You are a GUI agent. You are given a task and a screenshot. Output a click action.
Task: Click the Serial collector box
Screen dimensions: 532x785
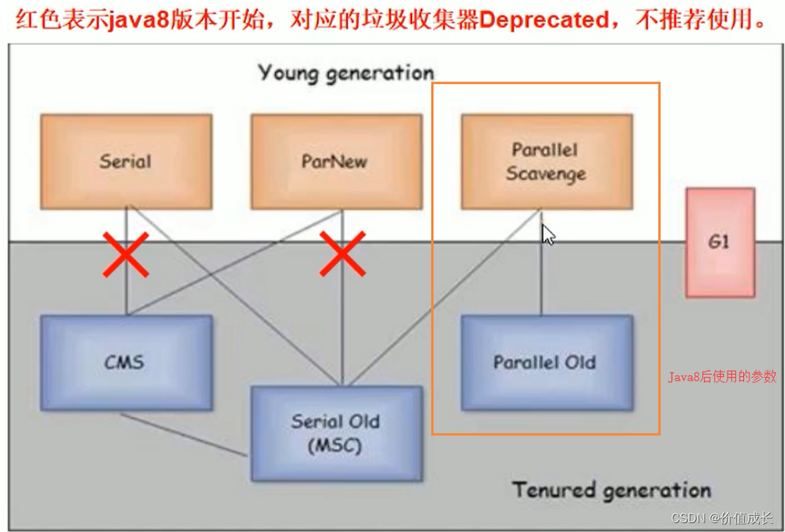pyautogui.click(x=126, y=161)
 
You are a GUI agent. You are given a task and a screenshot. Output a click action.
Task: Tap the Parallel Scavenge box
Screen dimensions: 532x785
pyautogui.click(x=546, y=161)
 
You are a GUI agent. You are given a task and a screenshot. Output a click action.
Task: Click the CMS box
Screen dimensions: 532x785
pyautogui.click(x=125, y=363)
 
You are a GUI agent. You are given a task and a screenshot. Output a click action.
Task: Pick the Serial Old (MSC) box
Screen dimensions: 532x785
pyautogui.click(x=336, y=433)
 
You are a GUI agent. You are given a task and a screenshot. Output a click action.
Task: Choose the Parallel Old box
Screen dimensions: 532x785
pyautogui.click(x=546, y=363)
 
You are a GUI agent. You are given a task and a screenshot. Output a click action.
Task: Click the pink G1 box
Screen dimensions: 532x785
pyautogui.click(x=719, y=242)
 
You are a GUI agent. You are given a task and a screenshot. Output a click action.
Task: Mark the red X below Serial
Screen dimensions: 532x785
pyautogui.click(x=125, y=254)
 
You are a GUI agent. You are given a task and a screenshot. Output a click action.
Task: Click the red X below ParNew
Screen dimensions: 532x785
pyautogui.click(x=342, y=254)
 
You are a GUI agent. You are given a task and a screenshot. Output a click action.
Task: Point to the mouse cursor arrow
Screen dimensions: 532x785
pyautogui.click(x=547, y=234)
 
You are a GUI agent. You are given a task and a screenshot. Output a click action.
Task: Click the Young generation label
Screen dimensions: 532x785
pyautogui.click(x=346, y=73)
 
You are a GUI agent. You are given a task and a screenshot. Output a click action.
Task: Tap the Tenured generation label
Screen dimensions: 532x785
pyautogui.click(x=611, y=490)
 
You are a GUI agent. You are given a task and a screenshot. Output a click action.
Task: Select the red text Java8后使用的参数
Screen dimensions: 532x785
pyautogui.click(x=721, y=377)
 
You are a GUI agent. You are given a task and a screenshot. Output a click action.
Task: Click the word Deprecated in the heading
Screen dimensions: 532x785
pyautogui.click(x=543, y=19)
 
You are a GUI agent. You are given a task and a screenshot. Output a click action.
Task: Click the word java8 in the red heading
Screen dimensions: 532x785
pyautogui.click(x=133, y=19)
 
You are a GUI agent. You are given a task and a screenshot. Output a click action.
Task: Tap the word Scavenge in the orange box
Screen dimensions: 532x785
pyautogui.click(x=546, y=174)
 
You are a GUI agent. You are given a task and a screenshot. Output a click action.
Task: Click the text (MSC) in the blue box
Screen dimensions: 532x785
pyautogui.click(x=336, y=446)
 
